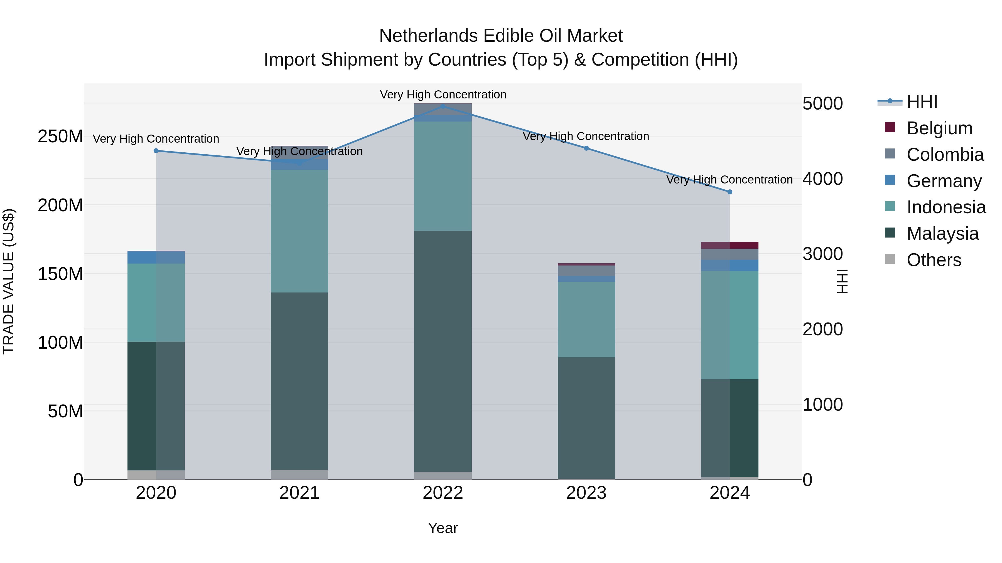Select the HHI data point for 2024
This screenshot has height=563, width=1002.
730,192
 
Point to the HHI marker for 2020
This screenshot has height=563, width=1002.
156,151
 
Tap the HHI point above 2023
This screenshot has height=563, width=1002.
586,148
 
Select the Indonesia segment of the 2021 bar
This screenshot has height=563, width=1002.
299,231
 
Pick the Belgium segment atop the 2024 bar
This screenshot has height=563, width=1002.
730,245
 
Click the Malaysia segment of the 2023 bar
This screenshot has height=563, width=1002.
586,418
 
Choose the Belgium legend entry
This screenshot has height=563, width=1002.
939,128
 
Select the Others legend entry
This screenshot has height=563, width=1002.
934,260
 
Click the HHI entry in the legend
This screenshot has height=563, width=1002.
922,102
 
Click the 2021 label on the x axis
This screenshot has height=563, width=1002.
299,493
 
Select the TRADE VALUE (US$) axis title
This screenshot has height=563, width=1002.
9,281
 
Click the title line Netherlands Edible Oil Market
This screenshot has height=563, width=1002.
501,36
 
